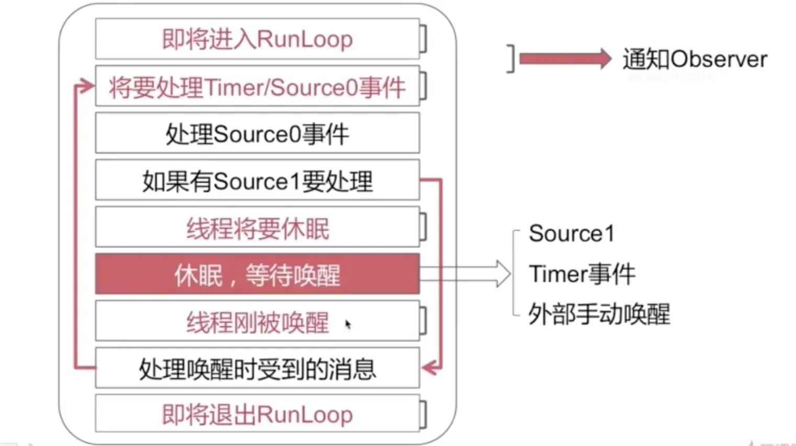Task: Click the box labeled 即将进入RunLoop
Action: pos(257,39)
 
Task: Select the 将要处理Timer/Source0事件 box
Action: pos(257,87)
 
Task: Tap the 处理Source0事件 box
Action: pos(257,134)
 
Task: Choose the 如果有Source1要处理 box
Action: pos(257,181)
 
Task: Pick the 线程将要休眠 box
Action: pos(257,228)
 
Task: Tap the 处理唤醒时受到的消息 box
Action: pos(257,369)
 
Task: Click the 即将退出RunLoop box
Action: pos(257,415)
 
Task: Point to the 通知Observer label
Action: pos(695,59)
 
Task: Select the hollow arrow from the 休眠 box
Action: pos(465,274)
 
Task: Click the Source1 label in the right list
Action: pos(571,233)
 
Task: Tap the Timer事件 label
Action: pos(582,274)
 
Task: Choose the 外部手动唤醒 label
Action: pos(599,314)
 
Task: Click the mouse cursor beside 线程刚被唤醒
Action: pos(348,324)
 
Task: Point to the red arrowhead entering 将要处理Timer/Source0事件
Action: pos(86,86)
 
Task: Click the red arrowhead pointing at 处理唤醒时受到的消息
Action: pos(430,368)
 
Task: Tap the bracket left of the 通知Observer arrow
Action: pos(511,58)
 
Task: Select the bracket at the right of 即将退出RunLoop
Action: pos(424,415)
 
